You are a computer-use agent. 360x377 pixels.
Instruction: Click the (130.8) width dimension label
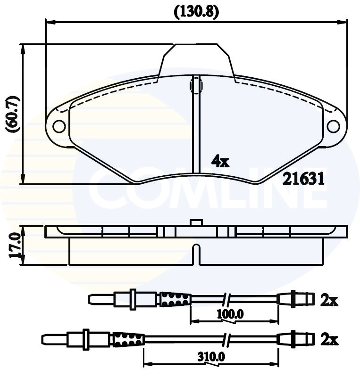pyautogui.click(x=196, y=12)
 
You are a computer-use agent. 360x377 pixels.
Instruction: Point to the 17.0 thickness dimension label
pyautogui.click(x=13, y=245)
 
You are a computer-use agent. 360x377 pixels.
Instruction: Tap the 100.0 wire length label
pyautogui.click(x=231, y=314)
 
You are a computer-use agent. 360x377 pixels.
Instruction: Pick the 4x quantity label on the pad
pyautogui.click(x=220, y=162)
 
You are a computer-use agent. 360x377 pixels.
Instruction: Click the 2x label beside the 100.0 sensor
pyautogui.click(x=329, y=300)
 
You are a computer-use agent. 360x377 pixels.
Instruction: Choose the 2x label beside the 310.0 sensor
pyautogui.click(x=329, y=339)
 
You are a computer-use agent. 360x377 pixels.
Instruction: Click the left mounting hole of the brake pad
pyautogui.click(x=59, y=126)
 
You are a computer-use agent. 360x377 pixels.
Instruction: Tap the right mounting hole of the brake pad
pyautogui.click(x=333, y=126)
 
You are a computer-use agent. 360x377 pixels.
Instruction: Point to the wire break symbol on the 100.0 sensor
pyautogui.click(x=226, y=299)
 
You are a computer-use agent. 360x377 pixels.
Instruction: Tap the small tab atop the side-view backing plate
pyautogui.click(x=195, y=222)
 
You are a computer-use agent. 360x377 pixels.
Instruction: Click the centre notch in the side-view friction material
pyautogui.click(x=197, y=254)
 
